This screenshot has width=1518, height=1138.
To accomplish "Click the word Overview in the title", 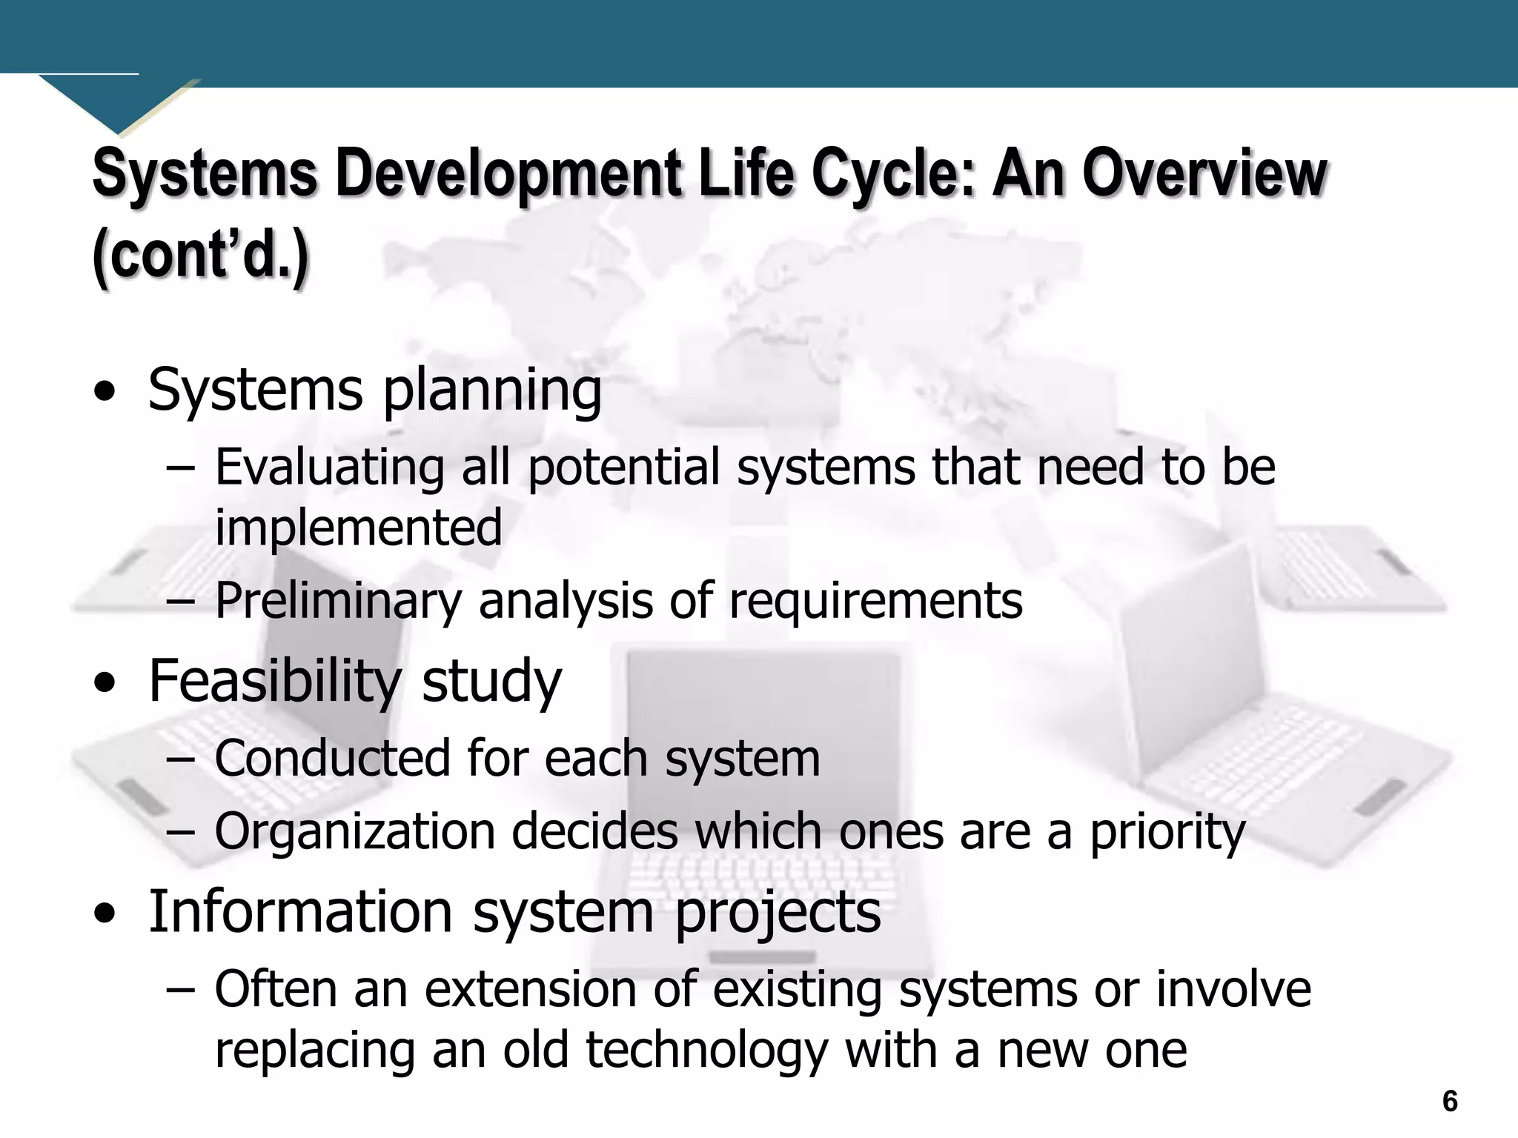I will (x=1204, y=173).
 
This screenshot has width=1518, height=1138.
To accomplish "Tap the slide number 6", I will (x=1451, y=1102).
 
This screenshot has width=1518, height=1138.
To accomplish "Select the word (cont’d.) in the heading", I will (x=200, y=256).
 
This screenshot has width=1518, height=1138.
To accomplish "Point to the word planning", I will (x=491, y=391).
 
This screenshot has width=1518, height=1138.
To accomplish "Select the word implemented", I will (x=359, y=528).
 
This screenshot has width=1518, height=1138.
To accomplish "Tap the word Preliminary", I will (x=338, y=601).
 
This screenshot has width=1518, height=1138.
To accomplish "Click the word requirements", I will (x=875, y=601).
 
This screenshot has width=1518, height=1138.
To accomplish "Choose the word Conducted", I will (x=331, y=759).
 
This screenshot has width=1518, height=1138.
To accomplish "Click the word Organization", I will (x=354, y=831).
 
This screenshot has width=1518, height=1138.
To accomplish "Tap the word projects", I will (x=777, y=913).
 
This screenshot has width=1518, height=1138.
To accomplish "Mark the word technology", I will (x=706, y=1051).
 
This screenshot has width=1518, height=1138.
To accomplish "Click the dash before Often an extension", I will (x=180, y=990).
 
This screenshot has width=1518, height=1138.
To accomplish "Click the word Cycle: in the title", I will (x=892, y=173).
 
